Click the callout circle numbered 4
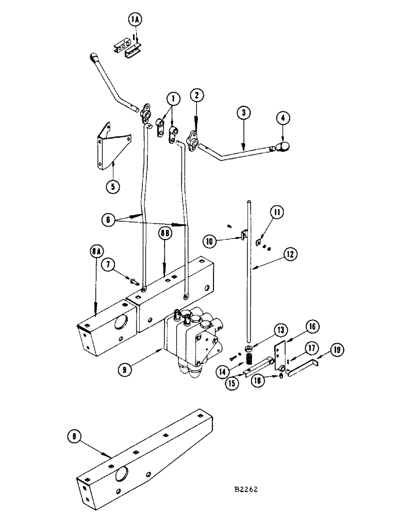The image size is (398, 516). pos(283,118)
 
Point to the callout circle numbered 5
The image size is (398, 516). pos(113,185)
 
